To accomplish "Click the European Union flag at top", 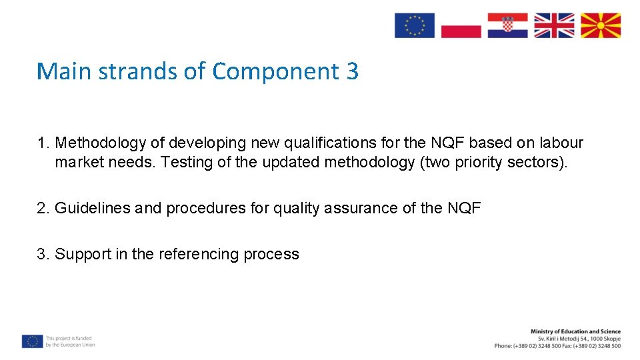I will coord(414,25).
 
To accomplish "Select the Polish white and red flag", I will coord(461,25).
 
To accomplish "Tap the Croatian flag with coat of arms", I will coord(507,25).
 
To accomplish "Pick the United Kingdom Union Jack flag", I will coord(554,25).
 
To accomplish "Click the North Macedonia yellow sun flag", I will coord(600,25).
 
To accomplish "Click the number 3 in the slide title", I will coord(352,71).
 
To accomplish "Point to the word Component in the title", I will coord(275,71).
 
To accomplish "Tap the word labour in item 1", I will coord(561,143).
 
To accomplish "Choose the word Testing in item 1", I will coord(187,163).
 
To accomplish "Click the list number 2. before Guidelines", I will coord(43,209).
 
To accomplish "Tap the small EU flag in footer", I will coord(32,341).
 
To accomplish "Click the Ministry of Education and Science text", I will coord(575,331).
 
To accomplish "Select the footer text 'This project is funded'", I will coord(69,338).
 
